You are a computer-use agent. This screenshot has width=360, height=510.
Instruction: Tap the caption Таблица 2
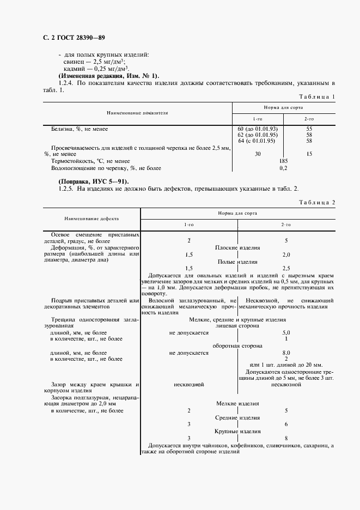(317, 202)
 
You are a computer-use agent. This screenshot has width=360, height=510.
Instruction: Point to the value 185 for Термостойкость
(283, 161)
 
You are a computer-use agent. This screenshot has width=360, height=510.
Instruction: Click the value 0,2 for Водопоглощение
(283, 168)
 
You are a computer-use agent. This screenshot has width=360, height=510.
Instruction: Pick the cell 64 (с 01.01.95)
(257, 141)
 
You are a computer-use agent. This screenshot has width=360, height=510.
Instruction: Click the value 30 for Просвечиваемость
(257, 154)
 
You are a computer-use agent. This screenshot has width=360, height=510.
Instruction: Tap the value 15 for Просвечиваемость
(309, 154)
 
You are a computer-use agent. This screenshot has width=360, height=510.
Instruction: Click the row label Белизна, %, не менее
(80, 129)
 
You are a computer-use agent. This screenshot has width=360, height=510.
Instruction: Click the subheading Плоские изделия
(237, 247)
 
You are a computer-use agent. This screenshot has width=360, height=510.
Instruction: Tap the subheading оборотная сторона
(237, 345)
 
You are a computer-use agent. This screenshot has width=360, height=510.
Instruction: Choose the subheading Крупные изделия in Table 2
(237, 430)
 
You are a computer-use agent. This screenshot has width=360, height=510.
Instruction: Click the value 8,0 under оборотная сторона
(286, 353)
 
